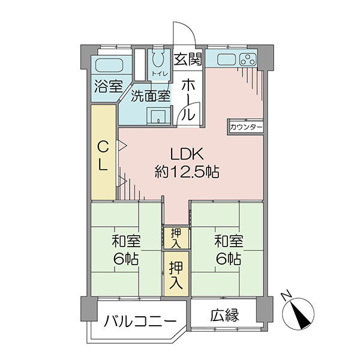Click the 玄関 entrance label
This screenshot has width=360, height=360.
click(x=188, y=59)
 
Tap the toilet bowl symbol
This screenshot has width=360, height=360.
click(x=158, y=59)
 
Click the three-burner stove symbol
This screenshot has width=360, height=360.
click(x=248, y=60)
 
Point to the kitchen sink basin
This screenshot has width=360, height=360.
click(x=226, y=60)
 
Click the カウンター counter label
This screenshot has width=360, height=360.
click(x=245, y=127)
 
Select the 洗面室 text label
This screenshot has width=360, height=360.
click(x=151, y=96)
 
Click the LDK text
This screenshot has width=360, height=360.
click(x=187, y=154)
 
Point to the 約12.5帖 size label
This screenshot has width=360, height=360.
click(x=187, y=172)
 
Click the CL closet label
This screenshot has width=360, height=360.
click(x=103, y=155)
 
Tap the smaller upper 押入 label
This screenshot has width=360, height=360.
click(x=176, y=239)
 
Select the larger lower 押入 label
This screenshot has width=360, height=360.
click(x=176, y=275)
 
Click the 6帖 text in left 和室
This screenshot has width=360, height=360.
click(x=126, y=259)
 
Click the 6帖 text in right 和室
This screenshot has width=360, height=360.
click(x=229, y=259)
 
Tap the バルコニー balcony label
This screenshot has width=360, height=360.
click(x=140, y=322)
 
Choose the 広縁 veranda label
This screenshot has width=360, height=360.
click(x=225, y=315)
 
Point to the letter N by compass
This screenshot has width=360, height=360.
click(x=286, y=296)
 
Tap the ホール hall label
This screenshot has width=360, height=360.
click(x=188, y=100)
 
